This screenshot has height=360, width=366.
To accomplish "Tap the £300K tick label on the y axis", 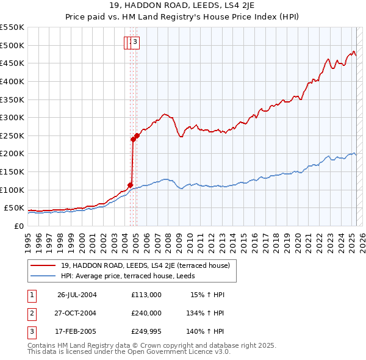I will click(x=12, y=117).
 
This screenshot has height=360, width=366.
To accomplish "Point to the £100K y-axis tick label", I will click(x=12, y=190).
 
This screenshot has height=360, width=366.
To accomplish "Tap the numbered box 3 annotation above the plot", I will click(x=135, y=42).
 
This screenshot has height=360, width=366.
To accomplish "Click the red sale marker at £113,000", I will click(x=130, y=185).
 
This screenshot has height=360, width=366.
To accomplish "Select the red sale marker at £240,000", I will click(x=133, y=139).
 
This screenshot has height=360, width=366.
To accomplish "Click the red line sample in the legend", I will click(x=43, y=265).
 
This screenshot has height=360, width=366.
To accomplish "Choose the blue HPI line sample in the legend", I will click(x=43, y=276).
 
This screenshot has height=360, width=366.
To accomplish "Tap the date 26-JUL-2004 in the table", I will click(x=77, y=294).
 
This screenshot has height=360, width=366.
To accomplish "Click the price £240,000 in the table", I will click(x=146, y=313).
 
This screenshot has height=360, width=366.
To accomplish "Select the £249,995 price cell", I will click(x=146, y=332).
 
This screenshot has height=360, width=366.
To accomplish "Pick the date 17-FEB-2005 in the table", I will click(x=77, y=332).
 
